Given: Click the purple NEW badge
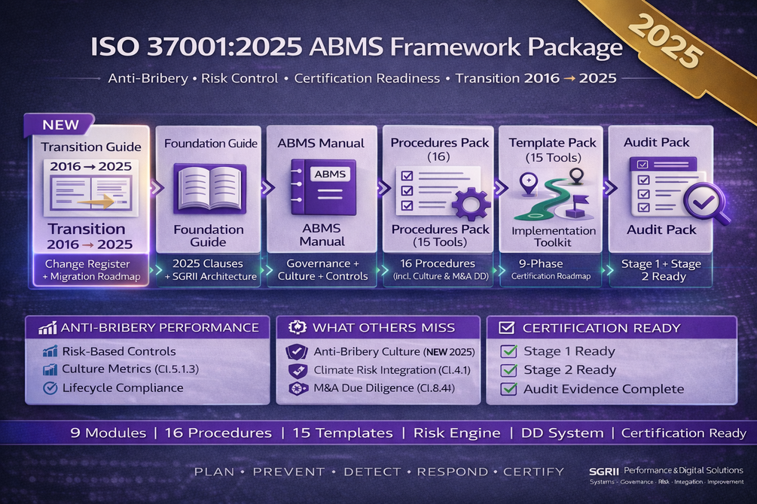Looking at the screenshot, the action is click(x=59, y=124).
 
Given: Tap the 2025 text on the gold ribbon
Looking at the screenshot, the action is click(x=665, y=41).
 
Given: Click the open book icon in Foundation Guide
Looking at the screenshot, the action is click(x=209, y=189).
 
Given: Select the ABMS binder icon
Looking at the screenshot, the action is click(x=323, y=187).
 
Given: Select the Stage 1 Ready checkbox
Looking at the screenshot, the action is click(x=508, y=351).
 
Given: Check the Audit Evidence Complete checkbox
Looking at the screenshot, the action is click(x=508, y=388).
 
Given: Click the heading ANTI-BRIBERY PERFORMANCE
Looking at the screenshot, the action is click(x=160, y=327).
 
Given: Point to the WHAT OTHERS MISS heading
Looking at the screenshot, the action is click(x=384, y=327).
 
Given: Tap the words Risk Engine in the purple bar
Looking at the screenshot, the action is click(x=456, y=433).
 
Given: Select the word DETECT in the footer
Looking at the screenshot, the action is click(x=372, y=472).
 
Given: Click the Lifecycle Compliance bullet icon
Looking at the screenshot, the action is click(x=50, y=387).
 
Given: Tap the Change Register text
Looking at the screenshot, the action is click(x=87, y=264).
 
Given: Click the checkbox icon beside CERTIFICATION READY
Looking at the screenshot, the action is click(x=506, y=327).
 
